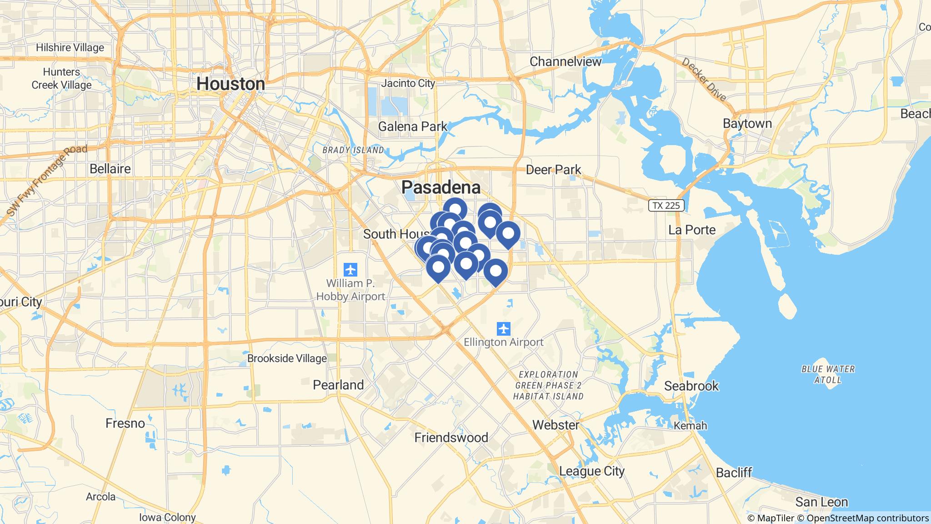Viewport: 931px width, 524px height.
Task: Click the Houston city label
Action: [x=230, y=84]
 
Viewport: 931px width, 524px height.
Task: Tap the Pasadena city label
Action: [x=440, y=187]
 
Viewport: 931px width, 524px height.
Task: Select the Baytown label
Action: [x=747, y=124]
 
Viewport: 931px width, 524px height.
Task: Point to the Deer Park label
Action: [x=553, y=170]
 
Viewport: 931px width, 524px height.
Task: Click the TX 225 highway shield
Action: [x=666, y=206]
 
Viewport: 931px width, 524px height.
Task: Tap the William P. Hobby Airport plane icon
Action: [x=350, y=270]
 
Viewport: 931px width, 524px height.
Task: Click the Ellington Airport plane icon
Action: [x=503, y=328]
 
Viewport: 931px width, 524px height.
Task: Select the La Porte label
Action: [x=692, y=230]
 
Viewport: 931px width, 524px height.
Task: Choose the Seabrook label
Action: [x=691, y=386]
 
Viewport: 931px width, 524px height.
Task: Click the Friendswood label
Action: [x=451, y=438]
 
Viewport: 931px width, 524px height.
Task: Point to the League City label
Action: [x=591, y=471]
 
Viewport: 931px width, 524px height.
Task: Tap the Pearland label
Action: [x=338, y=385]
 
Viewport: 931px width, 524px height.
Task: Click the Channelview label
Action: [x=566, y=61]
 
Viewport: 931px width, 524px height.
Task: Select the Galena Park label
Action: [x=413, y=126]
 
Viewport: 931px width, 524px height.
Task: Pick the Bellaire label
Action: [x=110, y=169]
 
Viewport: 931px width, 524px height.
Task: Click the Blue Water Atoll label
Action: [x=828, y=374]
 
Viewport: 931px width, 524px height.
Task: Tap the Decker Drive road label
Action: [x=704, y=79]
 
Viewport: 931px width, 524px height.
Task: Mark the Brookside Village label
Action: [x=287, y=358]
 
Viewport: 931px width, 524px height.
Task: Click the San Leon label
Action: [x=821, y=502]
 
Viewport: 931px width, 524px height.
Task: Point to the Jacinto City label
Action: [x=408, y=83]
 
